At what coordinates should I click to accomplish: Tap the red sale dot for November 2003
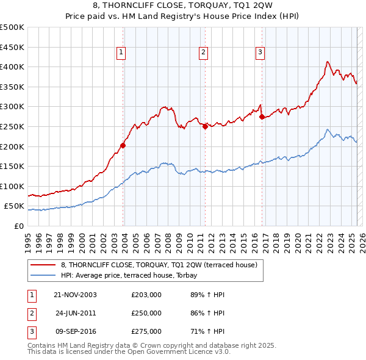pyautogui.click(x=123, y=145)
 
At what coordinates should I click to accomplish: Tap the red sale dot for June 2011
pyautogui.click(x=205, y=126)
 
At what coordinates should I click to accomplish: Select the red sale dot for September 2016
pyautogui.click(x=261, y=117)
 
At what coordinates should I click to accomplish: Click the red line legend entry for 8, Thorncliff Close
pyautogui.click(x=159, y=265)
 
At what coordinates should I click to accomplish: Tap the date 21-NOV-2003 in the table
pyautogui.click(x=76, y=295)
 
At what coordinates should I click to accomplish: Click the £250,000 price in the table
pyautogui.click(x=146, y=313)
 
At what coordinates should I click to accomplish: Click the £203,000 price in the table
pyautogui.click(x=146, y=295)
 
